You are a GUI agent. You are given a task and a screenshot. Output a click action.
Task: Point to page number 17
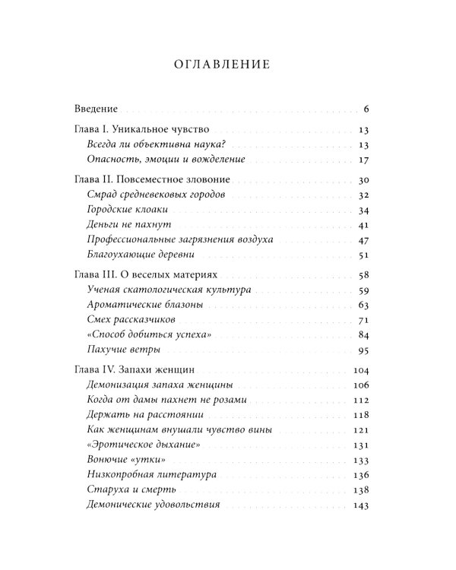(363, 160)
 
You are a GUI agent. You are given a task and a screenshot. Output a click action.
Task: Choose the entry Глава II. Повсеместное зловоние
(155, 180)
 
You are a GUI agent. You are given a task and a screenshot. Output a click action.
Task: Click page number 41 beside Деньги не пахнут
(363, 225)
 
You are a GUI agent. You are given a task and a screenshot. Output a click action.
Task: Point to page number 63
(363, 305)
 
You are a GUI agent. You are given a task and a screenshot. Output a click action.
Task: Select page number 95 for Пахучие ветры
(363, 350)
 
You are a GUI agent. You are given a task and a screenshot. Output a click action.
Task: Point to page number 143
(360, 505)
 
